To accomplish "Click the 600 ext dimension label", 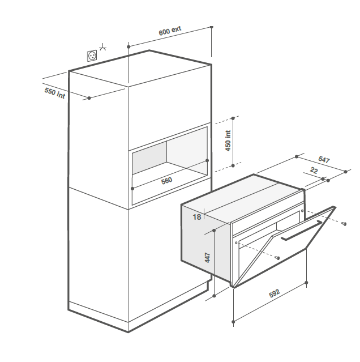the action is click(x=170, y=31).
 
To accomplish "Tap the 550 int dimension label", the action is click(x=55, y=93).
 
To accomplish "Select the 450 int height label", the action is click(x=228, y=141).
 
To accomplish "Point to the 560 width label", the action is click(x=166, y=181).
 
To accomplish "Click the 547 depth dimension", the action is click(x=324, y=159).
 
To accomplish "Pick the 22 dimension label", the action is click(x=314, y=171).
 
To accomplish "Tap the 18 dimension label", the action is click(x=197, y=217).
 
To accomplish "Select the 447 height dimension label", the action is click(x=208, y=258).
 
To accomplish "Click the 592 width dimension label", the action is click(x=275, y=293).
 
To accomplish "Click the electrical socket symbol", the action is click(x=92, y=56).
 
